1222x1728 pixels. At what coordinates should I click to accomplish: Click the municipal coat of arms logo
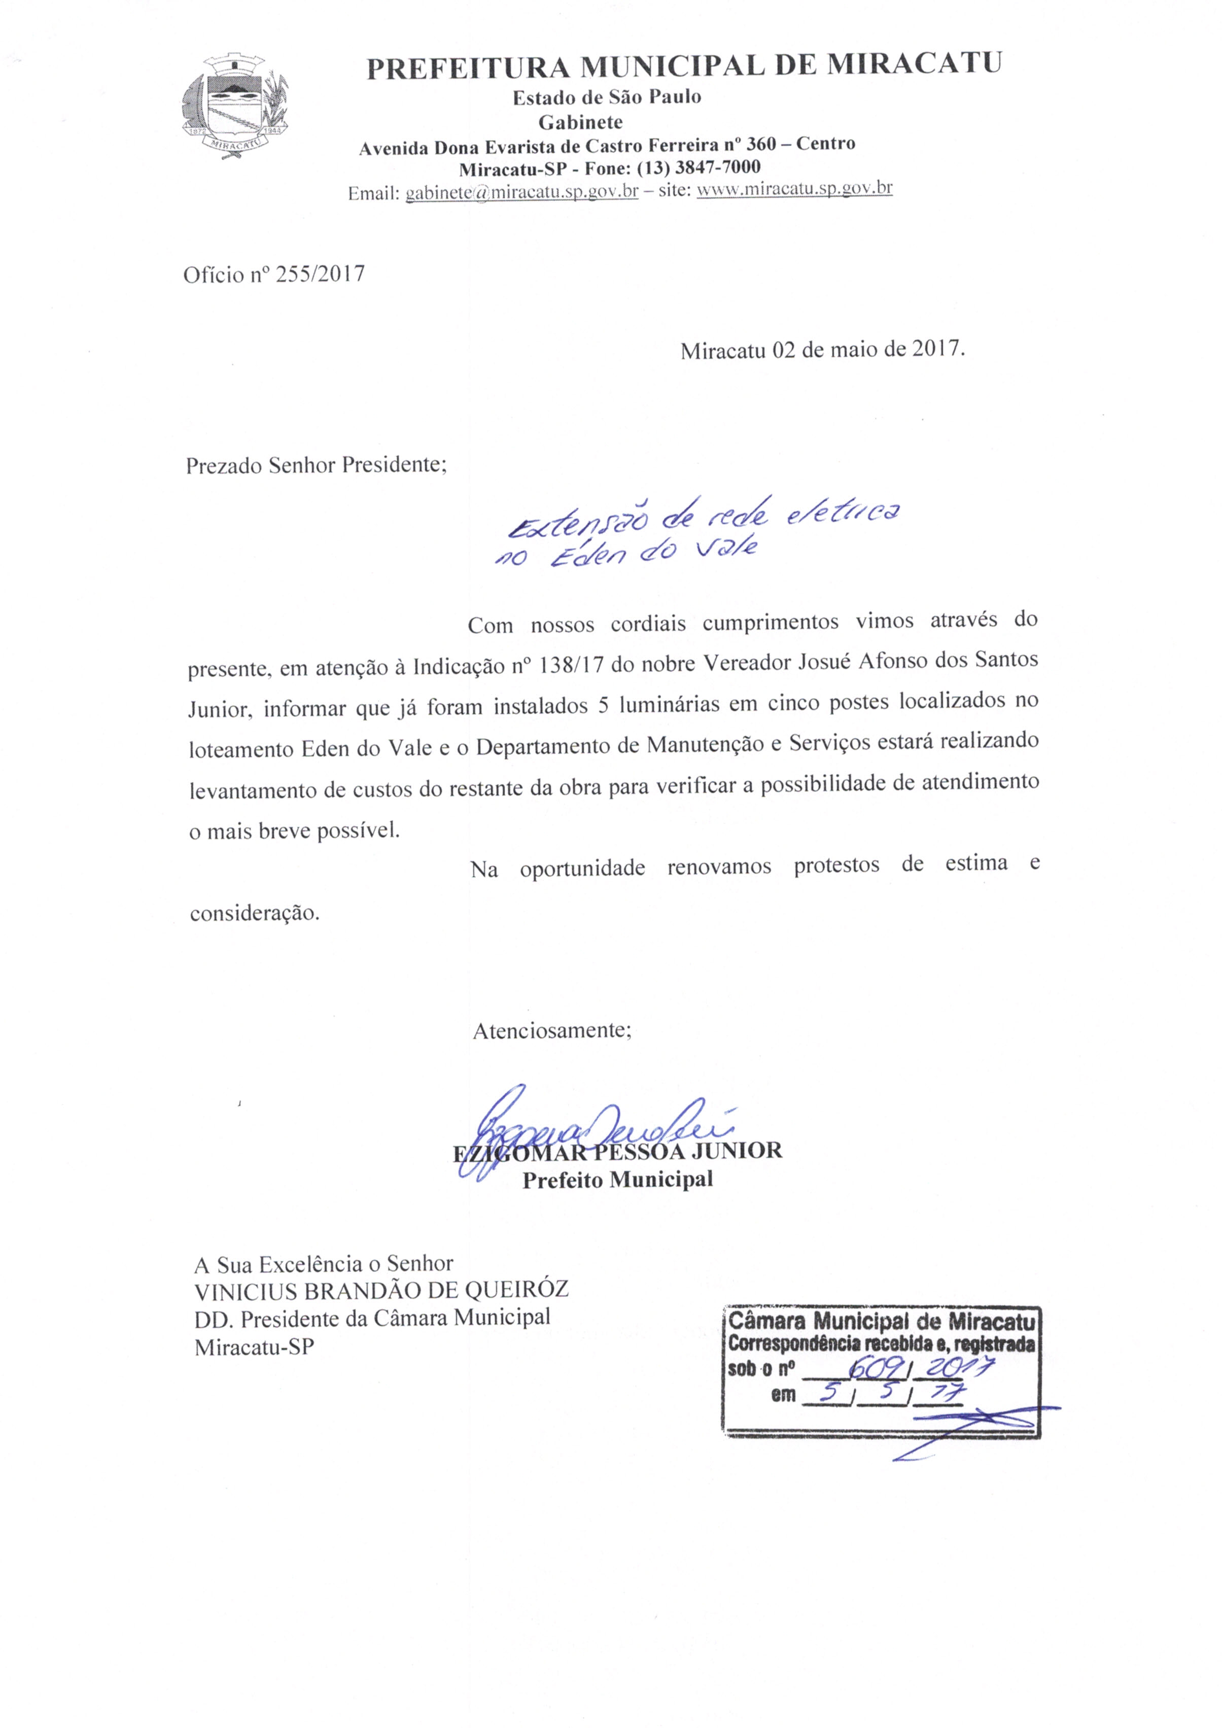pyautogui.click(x=235, y=106)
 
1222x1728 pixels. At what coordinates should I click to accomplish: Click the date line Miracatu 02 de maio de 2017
pyautogui.click(x=822, y=351)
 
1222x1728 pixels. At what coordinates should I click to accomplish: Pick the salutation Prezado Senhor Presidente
pyautogui.click(x=316, y=465)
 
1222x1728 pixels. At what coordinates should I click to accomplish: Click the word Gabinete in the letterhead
pyautogui.click(x=580, y=122)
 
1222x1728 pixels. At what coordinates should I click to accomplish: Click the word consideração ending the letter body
pyautogui.click(x=254, y=914)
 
